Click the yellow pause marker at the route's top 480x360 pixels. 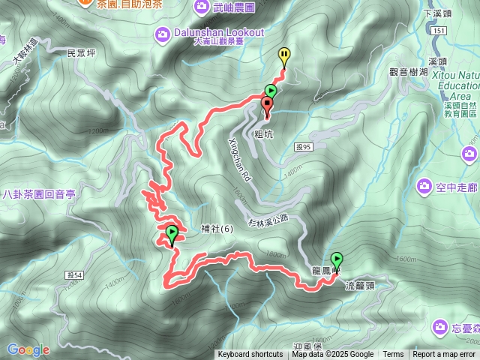pyautogui.click(x=284, y=55)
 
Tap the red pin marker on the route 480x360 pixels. pyautogui.click(x=267, y=105)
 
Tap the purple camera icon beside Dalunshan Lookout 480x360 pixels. pyautogui.click(x=163, y=34)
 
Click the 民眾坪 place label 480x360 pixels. pyautogui.click(x=81, y=54)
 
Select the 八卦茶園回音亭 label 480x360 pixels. pyautogui.click(x=39, y=193)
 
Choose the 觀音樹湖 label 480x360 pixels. pyautogui.click(x=408, y=72)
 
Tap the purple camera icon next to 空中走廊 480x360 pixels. pyautogui.click(x=424, y=184)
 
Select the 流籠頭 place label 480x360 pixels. pyautogui.click(x=361, y=286)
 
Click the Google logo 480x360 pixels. pyautogui.click(x=28, y=349)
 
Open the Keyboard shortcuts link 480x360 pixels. pyautogui.click(x=250, y=355)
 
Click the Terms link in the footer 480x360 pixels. pyautogui.click(x=393, y=355)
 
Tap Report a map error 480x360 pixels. pyautogui.click(x=444, y=355)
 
